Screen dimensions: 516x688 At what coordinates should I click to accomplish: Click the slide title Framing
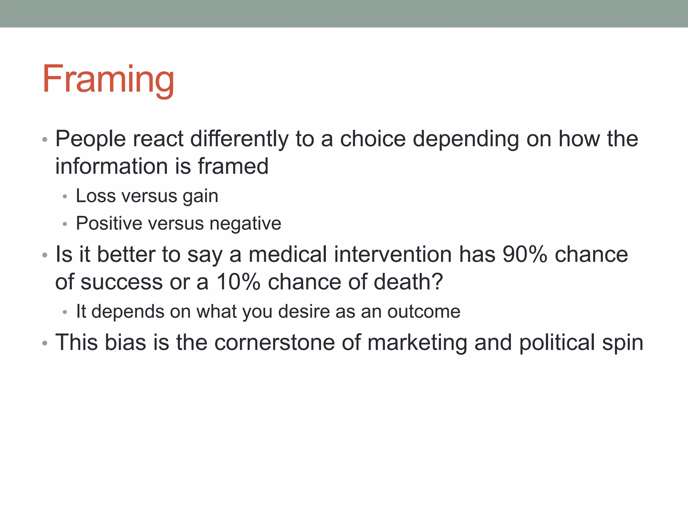pos(108,79)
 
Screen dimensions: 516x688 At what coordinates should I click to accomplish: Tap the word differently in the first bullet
pos(239,139)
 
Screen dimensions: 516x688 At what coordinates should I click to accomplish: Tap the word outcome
pos(424,312)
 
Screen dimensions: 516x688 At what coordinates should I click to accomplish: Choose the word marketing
pos(417,343)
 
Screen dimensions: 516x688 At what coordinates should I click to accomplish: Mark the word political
pos(557,343)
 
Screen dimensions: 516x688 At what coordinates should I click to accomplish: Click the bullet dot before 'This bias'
pos(45,344)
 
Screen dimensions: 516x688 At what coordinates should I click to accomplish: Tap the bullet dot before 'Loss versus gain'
pos(65,197)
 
